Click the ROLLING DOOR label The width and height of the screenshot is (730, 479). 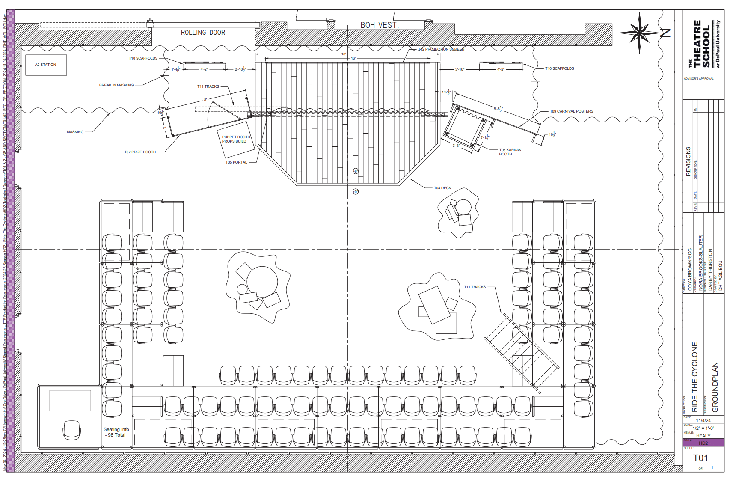(203, 33)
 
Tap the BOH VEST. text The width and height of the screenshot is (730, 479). (380, 25)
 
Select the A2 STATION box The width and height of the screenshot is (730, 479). (46, 65)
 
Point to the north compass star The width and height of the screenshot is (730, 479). (639, 32)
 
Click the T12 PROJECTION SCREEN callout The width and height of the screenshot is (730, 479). (441, 49)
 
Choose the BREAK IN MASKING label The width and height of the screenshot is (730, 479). (116, 85)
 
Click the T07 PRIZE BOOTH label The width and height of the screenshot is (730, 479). (140, 152)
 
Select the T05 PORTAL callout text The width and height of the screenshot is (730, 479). (236, 162)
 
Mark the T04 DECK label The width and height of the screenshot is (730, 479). (442, 188)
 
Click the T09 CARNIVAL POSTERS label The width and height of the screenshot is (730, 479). (571, 111)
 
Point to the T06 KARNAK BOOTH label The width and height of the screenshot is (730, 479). (510, 152)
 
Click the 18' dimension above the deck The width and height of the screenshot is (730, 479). (344, 54)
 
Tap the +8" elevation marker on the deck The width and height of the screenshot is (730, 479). (356, 171)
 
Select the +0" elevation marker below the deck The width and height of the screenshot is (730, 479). (356, 192)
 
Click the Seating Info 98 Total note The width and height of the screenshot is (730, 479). (116, 432)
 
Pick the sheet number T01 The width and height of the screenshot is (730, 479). (700, 458)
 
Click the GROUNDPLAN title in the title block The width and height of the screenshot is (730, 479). (715, 387)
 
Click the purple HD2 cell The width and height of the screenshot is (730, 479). (703, 443)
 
